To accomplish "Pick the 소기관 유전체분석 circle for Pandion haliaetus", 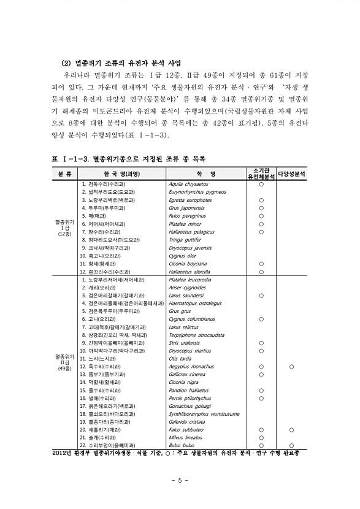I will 261,390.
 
